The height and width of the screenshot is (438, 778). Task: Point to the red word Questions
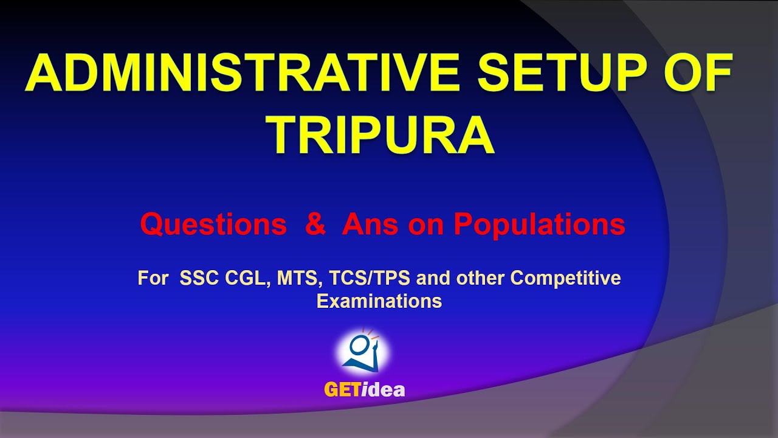coord(213,225)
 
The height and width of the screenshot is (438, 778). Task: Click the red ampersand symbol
coord(315,225)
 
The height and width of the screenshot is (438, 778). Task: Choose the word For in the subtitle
coord(152,279)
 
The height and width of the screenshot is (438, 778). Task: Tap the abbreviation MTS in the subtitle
coord(298,279)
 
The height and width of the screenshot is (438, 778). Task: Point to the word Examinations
coord(379,301)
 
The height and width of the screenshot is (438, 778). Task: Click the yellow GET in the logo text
coord(342,390)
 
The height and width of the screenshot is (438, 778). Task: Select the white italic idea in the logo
coord(384,390)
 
